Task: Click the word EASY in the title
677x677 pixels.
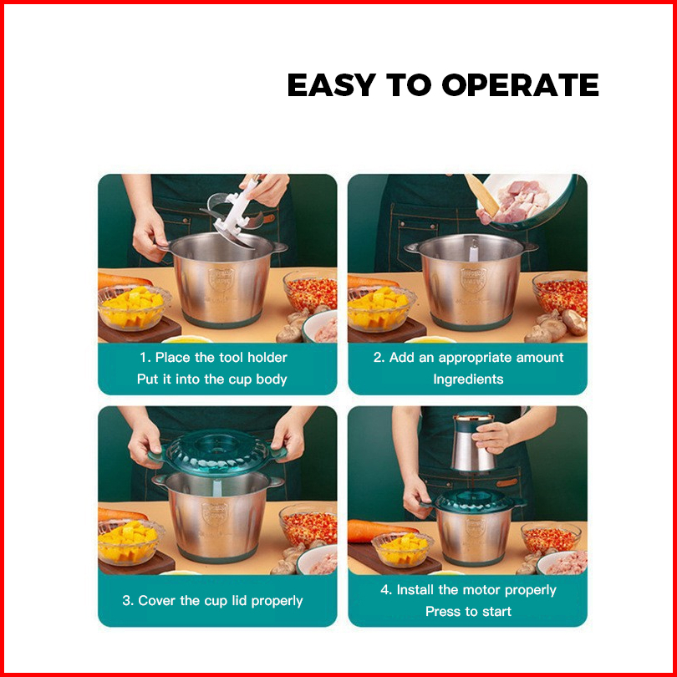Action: pyautogui.click(x=332, y=84)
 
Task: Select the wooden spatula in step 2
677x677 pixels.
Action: pyautogui.click(x=481, y=195)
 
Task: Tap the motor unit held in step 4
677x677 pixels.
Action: pyautogui.click(x=472, y=442)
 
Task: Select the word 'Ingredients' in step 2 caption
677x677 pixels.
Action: pyautogui.click(x=468, y=379)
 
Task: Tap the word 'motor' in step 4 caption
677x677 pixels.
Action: pyautogui.click(x=478, y=590)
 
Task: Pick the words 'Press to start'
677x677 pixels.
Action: pyautogui.click(x=468, y=611)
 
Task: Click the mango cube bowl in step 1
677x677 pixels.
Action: pyautogui.click(x=134, y=307)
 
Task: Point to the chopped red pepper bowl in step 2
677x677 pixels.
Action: pyautogui.click(x=560, y=293)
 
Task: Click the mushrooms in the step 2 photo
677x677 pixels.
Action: pyautogui.click(x=557, y=326)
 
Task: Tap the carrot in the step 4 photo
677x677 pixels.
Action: pyautogui.click(x=382, y=531)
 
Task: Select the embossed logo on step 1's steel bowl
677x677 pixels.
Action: pyautogui.click(x=221, y=279)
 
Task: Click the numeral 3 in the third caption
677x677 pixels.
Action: pyautogui.click(x=125, y=601)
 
